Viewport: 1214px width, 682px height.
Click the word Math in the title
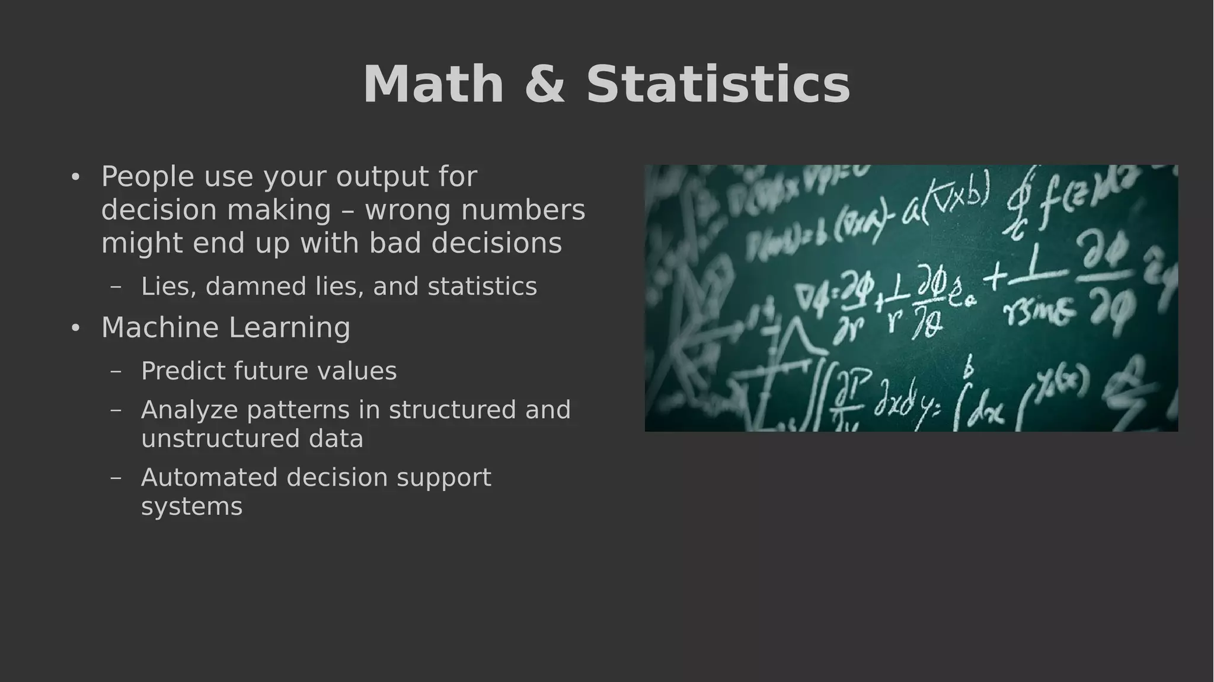coord(433,84)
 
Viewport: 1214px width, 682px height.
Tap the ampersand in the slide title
coord(545,84)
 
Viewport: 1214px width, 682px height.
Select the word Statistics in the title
coord(718,84)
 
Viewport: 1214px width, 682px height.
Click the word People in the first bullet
coord(148,176)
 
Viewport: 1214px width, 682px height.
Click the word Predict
coord(183,371)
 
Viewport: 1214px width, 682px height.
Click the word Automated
coord(209,477)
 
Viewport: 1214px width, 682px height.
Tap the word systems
coord(191,507)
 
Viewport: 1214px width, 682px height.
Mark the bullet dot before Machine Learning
coord(75,328)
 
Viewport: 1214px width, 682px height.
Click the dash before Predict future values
coord(116,371)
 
